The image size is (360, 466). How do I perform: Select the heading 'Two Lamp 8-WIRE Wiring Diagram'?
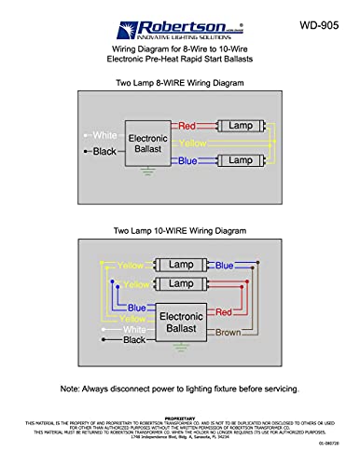(179, 83)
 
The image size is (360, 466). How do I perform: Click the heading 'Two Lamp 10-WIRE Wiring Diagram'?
(179, 229)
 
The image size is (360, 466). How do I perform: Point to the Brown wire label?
(228, 333)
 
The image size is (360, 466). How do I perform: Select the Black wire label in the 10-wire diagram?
(135, 341)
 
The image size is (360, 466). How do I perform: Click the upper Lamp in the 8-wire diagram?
(241, 124)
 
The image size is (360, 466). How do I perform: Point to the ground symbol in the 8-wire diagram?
(143, 171)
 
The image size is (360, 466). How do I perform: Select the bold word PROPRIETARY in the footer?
(179, 418)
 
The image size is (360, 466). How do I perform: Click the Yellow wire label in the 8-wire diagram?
(194, 144)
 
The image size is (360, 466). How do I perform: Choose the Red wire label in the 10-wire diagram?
(224, 311)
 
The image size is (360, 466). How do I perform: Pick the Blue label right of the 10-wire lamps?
(224, 266)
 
